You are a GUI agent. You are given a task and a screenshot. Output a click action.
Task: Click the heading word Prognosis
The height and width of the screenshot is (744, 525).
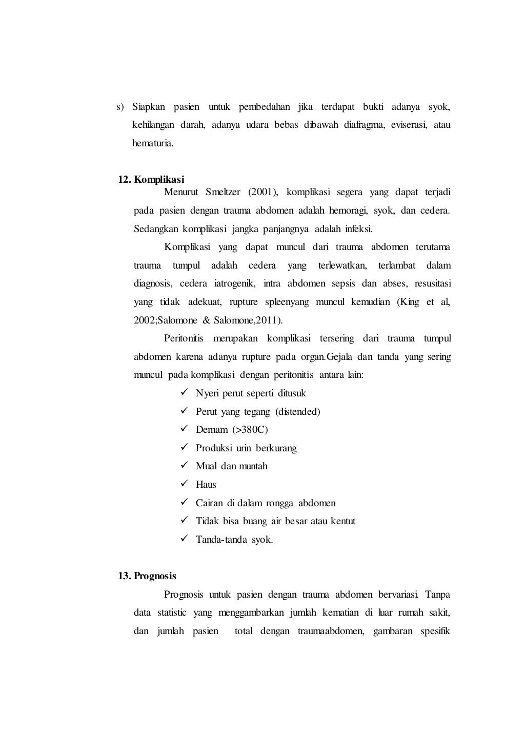155,576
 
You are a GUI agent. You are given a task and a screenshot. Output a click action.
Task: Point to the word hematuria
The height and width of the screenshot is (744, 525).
153,143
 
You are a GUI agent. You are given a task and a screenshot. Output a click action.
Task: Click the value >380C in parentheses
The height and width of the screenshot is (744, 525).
253,430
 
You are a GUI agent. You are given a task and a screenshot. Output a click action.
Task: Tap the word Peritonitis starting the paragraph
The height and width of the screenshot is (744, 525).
184,338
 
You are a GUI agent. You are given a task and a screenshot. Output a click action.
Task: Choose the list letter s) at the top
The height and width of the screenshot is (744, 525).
120,107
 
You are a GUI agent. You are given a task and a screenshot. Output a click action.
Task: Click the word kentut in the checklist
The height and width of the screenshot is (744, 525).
343,521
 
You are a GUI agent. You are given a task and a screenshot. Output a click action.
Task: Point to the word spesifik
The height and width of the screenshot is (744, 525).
435,631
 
